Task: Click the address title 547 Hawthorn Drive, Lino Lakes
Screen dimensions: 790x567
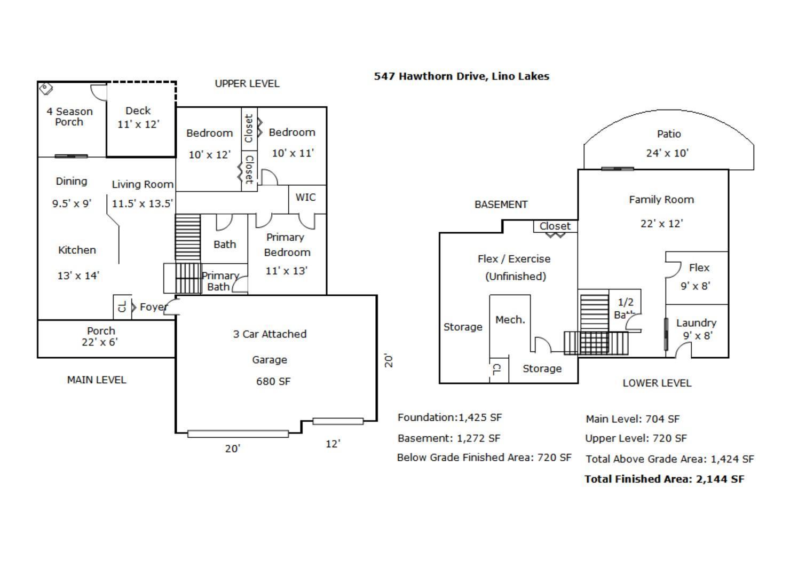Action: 461,76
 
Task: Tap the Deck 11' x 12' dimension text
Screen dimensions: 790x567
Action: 138,124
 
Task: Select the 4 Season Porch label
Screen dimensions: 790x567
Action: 69,116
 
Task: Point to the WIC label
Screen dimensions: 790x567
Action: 305,197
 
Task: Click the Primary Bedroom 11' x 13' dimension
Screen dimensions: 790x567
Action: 286,271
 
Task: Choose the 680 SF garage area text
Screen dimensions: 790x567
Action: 273,381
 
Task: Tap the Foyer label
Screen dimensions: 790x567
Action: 154,308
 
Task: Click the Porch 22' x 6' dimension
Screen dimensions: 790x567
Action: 100,342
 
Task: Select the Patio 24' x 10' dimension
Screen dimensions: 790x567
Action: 667,153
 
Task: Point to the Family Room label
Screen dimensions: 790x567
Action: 661,200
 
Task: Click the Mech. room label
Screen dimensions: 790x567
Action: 510,320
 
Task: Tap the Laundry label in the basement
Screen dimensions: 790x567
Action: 696,323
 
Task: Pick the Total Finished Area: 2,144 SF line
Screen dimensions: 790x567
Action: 665,479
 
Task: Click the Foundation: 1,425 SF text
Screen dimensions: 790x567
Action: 449,418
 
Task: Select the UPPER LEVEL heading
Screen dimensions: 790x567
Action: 247,84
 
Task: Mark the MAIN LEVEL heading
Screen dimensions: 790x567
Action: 97,380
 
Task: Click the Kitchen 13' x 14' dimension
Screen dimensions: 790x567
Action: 78,275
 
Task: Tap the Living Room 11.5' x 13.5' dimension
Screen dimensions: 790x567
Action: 143,203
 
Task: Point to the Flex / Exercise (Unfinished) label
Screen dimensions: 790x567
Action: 515,267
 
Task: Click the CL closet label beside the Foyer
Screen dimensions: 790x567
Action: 122,307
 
